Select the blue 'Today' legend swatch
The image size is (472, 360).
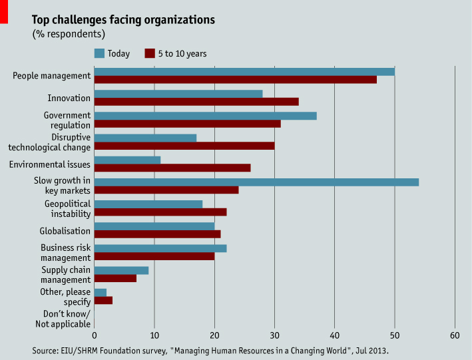[100, 53]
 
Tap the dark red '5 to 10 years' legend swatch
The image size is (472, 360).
[150, 53]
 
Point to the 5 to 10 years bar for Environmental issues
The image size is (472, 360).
[172, 168]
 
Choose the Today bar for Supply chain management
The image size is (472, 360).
[121, 270]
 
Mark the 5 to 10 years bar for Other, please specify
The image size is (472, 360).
[103, 300]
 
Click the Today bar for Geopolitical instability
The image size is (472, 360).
[148, 204]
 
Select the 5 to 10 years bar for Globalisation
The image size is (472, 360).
[157, 234]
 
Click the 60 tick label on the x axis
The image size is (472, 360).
[455, 335]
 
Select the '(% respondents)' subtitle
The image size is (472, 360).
[69, 33]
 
